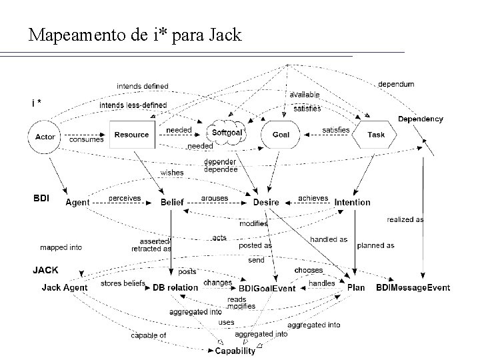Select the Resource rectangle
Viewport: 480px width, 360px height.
click(131, 135)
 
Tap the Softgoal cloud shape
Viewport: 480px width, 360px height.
click(227, 133)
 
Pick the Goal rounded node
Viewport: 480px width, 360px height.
click(281, 135)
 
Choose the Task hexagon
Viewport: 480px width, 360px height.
click(376, 135)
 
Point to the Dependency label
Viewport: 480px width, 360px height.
click(420, 119)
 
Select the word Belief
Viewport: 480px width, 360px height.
click(172, 202)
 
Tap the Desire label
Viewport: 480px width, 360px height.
click(266, 202)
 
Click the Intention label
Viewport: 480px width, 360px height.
click(353, 202)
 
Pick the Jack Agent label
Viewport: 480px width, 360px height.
click(65, 288)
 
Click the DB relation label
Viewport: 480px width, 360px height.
click(175, 288)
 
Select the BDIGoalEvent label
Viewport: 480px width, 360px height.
click(267, 289)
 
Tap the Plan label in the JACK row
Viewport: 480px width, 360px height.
click(356, 288)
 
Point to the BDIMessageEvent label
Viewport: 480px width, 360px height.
click(413, 288)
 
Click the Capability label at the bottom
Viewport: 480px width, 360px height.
click(235, 351)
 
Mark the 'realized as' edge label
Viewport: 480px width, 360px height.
click(405, 219)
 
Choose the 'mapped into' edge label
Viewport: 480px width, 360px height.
click(61, 247)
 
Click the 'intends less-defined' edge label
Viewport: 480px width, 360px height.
click(133, 105)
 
